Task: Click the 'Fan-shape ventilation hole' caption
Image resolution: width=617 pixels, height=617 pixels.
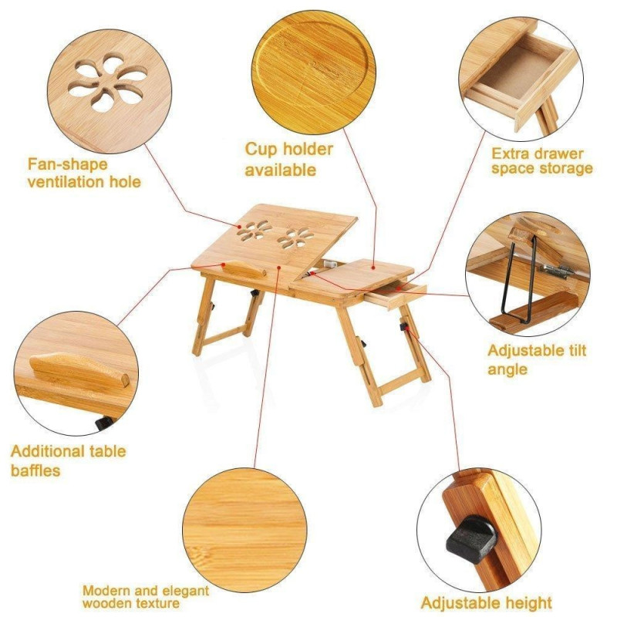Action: click(84, 173)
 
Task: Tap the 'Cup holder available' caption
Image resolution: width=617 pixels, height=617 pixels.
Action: click(288, 160)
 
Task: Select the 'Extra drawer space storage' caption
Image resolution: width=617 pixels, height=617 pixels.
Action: click(542, 161)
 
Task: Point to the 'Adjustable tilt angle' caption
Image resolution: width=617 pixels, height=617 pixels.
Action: click(537, 359)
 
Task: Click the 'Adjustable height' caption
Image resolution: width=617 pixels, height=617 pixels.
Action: click(486, 603)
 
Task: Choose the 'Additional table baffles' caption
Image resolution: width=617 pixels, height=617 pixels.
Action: click(68, 460)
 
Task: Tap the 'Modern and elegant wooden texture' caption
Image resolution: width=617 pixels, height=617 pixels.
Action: click(146, 596)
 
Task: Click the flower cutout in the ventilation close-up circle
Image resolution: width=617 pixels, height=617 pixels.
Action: click(107, 82)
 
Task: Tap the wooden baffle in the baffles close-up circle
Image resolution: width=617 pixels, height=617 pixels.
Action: click(79, 370)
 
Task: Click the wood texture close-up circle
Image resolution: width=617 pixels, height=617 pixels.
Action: click(244, 530)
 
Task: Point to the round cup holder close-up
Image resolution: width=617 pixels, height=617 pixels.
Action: click(313, 72)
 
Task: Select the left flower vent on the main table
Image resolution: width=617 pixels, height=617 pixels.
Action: click(255, 230)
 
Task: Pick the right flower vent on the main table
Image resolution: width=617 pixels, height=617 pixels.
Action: click(295, 238)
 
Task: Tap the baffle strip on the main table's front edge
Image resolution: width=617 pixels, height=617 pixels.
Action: click(243, 269)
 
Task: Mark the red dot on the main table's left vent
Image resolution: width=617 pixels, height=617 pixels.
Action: click(239, 227)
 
